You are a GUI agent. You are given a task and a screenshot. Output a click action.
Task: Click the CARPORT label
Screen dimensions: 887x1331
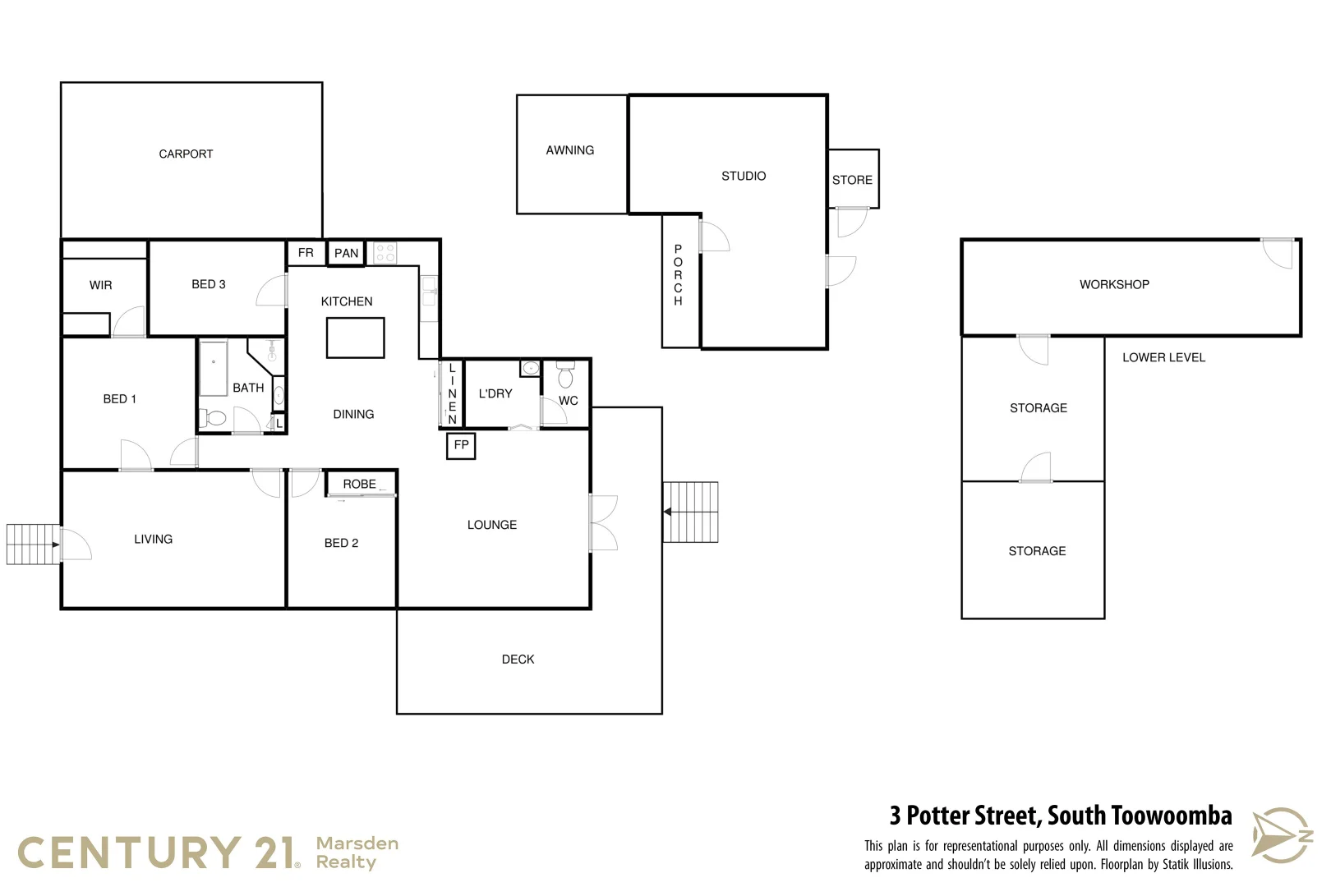coord(186,154)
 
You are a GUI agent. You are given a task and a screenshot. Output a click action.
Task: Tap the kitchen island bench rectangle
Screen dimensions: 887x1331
coord(355,338)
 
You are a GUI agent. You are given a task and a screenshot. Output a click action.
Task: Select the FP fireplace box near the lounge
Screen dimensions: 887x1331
coord(461,445)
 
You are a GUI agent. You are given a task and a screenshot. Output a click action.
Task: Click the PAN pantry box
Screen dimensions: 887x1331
coord(346,253)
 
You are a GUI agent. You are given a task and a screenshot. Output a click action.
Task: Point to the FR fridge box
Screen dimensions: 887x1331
coord(306,253)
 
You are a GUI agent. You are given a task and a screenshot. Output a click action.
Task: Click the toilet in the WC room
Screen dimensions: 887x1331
coord(565,376)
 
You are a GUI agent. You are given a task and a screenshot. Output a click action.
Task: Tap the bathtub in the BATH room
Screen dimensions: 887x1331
coord(213,369)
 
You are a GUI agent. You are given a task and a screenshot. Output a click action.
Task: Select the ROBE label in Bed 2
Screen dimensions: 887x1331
coord(359,484)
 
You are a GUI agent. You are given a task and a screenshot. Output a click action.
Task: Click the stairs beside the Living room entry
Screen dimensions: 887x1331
coord(31,544)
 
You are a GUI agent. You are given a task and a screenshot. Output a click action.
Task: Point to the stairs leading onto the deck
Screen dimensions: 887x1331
coord(691,512)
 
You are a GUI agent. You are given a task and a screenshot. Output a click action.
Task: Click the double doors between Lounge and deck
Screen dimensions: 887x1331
coord(602,522)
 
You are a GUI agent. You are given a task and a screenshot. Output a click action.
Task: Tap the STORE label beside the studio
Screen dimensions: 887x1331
coord(852,180)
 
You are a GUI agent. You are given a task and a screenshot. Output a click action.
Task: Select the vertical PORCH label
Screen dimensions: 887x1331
coord(678,275)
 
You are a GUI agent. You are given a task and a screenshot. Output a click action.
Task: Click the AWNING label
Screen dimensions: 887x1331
coord(569,150)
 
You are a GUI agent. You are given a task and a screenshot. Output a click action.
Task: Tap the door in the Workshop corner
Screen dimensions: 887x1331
coord(1278,252)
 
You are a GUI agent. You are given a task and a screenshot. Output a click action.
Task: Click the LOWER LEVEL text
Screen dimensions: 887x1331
coord(1163,357)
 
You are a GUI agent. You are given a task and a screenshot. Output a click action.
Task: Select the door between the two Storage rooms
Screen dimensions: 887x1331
coord(1036,468)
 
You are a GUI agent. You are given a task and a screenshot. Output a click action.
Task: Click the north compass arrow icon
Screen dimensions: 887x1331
coord(1281,835)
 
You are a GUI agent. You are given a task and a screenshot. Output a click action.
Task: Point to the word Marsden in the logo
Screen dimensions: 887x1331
coord(357,843)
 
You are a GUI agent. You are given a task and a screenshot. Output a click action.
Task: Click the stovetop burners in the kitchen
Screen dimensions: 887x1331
coord(385,253)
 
